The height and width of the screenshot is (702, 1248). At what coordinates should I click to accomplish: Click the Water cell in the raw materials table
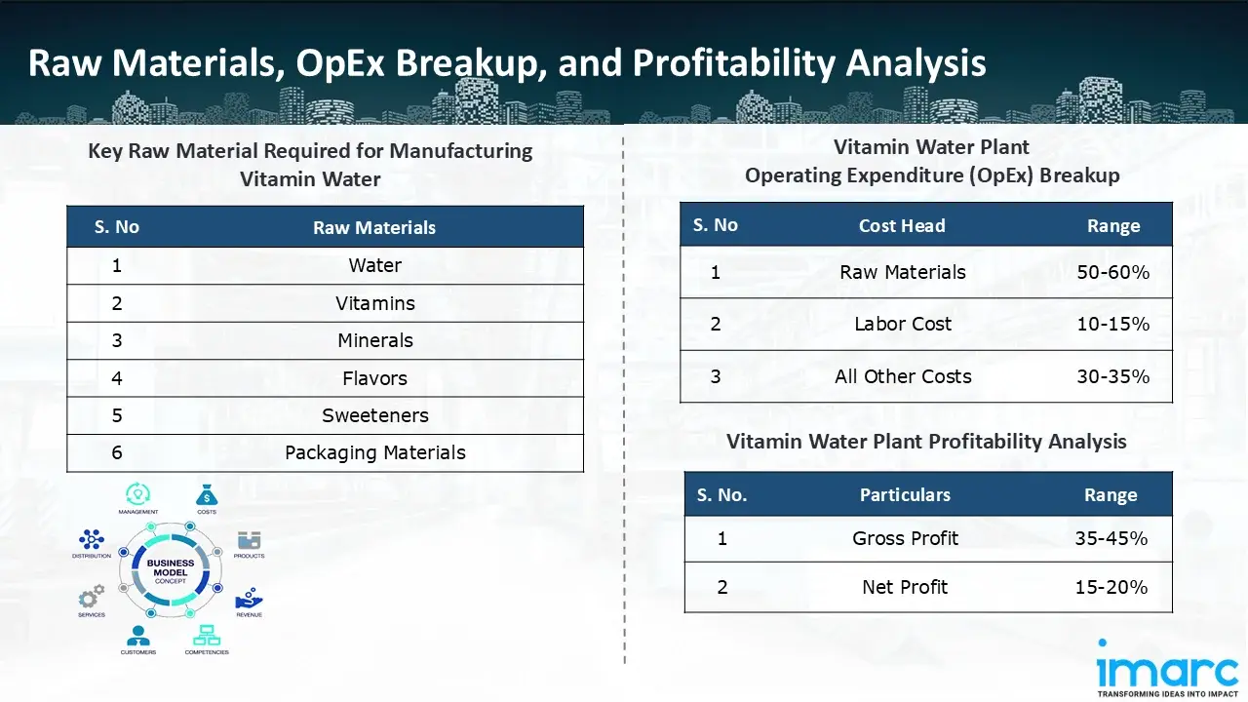click(374, 265)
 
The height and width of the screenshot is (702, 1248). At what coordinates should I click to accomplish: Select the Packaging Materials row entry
click(374, 452)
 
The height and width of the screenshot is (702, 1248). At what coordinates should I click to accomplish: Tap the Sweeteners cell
click(374, 415)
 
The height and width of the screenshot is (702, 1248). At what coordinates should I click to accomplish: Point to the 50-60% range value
click(1112, 273)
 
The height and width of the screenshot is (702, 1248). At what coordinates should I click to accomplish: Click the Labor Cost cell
click(902, 324)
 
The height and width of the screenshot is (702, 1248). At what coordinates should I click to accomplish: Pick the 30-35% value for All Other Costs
click(1112, 376)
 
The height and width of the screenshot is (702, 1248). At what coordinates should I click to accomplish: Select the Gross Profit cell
click(905, 538)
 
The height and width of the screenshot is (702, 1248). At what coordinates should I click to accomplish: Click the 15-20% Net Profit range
click(1111, 587)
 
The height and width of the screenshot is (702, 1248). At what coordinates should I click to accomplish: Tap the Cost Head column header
click(901, 226)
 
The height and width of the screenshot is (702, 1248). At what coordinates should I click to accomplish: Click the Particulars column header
click(904, 495)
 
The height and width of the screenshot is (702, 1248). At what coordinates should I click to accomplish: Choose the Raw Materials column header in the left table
click(374, 228)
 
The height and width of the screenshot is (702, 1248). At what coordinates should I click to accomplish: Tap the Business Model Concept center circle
click(171, 569)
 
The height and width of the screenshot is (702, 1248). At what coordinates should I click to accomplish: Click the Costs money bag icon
click(207, 494)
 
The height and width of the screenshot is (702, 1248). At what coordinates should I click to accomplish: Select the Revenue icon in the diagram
click(249, 598)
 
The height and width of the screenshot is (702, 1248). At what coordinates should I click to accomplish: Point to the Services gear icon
click(91, 597)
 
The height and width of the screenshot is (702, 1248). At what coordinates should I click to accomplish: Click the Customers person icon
click(137, 636)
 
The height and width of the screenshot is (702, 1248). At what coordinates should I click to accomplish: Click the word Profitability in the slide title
click(733, 63)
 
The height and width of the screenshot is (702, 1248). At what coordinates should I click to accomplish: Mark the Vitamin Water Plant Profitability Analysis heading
click(925, 442)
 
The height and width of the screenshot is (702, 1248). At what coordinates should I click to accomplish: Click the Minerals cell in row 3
click(374, 340)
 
